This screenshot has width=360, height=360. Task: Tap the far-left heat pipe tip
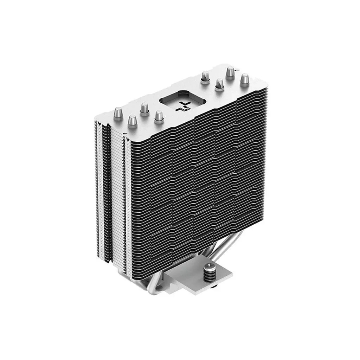[x=118, y=114]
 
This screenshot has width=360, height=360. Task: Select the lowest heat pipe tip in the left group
[x=132, y=121]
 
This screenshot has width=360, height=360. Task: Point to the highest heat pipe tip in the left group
[x=144, y=108]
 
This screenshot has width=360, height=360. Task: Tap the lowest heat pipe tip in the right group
[x=219, y=84]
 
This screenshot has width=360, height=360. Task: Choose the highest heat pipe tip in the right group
[x=230, y=72]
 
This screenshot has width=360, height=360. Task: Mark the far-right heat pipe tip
[x=244, y=79]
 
